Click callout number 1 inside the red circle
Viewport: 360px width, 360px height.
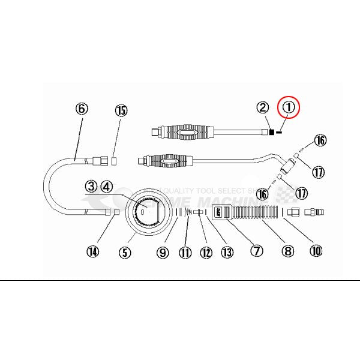pos(290,107)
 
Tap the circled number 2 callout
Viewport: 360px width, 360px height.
pos(262,108)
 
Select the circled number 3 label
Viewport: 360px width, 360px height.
pos(91,187)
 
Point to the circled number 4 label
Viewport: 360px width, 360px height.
pos(106,187)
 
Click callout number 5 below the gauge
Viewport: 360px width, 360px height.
pos(124,252)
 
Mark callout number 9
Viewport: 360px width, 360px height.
pos(162,252)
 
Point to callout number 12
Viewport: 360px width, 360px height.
pos(206,253)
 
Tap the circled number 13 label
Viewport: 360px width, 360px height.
pos(227,253)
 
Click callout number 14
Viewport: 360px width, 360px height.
pos(93,252)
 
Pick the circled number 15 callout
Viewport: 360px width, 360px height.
pos(121,110)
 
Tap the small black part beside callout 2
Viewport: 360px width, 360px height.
pos(272,132)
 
